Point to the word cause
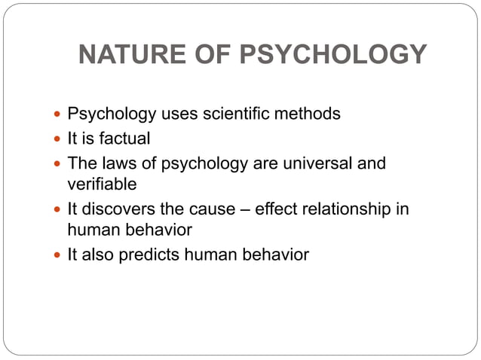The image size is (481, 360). (x=219, y=209)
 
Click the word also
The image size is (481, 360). (x=99, y=255)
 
